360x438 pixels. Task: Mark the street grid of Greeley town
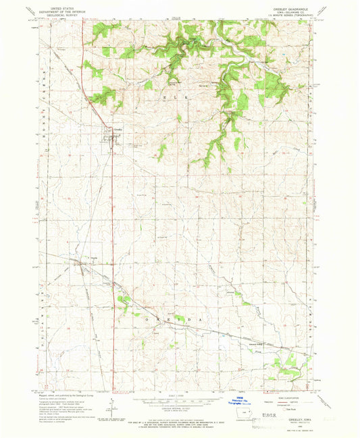(109, 138)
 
